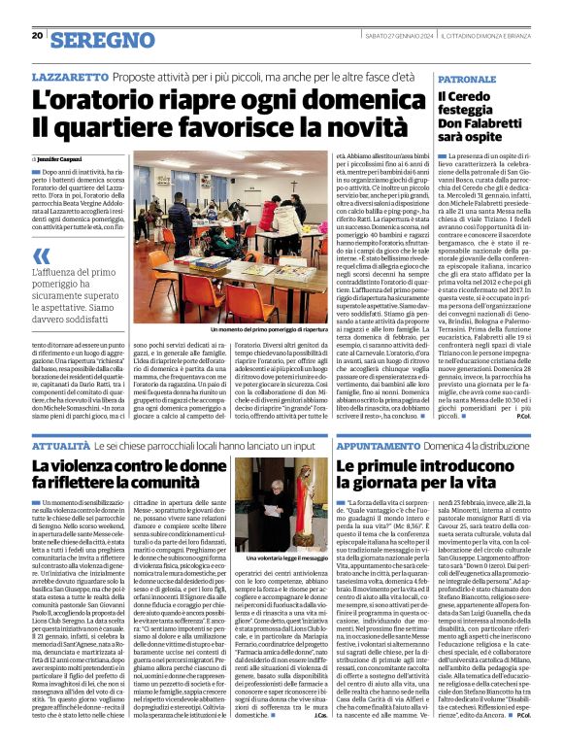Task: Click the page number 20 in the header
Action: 37,36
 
